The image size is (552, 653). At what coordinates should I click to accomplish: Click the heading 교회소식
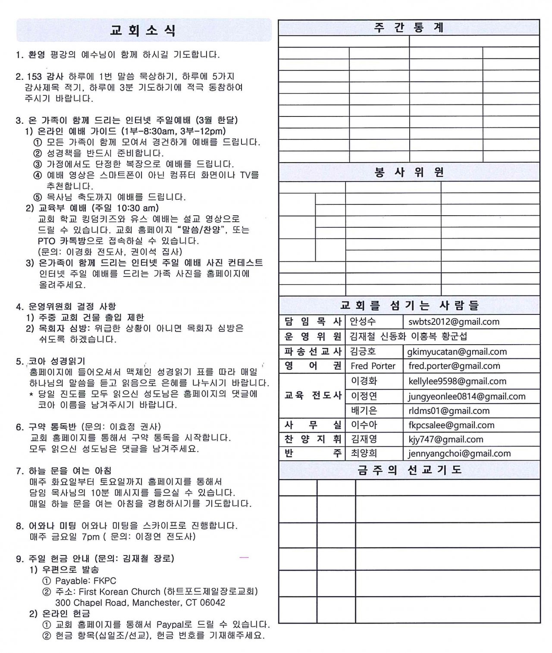pos(143,31)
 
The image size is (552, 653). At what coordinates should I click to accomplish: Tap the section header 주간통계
pos(409,28)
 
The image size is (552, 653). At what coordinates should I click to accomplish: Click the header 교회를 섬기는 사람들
pos(409,306)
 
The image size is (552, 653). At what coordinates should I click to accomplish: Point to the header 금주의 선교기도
pos(409,470)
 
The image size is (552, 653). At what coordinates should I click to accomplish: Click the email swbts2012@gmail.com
pos(454,322)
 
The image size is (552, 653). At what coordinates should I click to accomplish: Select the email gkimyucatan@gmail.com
pos(457,352)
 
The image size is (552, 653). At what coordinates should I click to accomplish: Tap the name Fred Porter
pos(373,366)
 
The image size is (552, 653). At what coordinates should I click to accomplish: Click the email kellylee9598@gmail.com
pos(457,381)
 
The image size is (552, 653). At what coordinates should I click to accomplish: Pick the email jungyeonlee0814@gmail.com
pos(467,396)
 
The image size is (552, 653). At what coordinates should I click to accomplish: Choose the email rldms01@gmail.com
pos(449,411)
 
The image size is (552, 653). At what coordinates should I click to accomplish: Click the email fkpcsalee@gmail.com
pos(451,425)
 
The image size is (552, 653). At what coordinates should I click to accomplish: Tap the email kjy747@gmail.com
pos(445,440)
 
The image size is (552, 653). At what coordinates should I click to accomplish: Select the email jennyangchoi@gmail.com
pos(459,454)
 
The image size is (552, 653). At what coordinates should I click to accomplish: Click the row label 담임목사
pos(313,322)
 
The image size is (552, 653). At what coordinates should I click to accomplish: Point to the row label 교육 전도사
pos(313,396)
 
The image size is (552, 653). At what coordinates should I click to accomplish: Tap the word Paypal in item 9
pos(171,625)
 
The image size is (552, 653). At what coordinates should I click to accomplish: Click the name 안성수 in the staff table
pos(363,322)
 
